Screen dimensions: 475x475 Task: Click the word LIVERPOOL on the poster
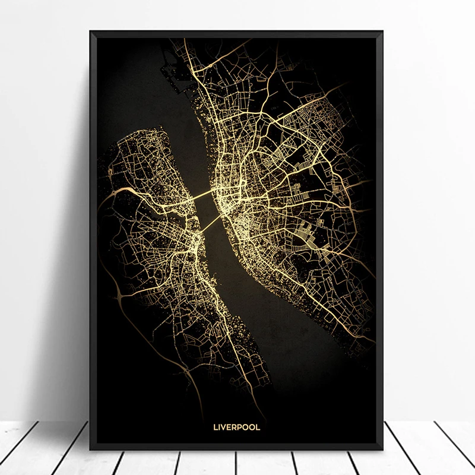237,425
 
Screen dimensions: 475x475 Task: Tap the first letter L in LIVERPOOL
215,425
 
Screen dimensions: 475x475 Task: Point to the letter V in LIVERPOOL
225,425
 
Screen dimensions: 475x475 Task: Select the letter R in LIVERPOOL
236,425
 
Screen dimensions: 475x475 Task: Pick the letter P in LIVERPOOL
242,425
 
